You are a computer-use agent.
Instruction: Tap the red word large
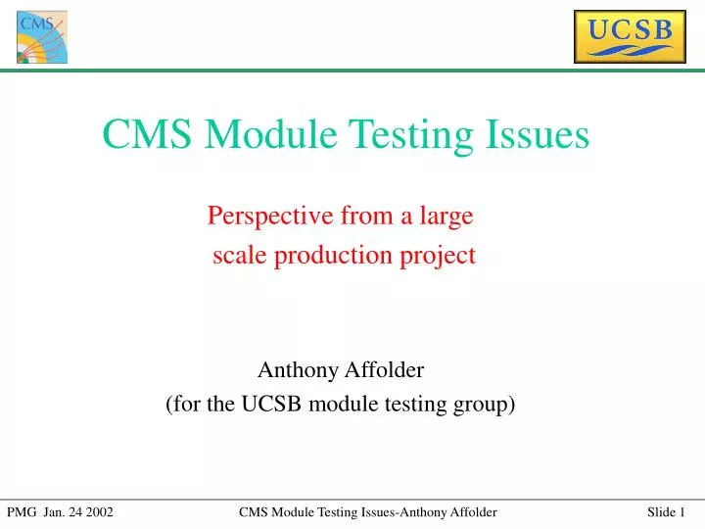coord(446,215)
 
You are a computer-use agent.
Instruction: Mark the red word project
coord(440,256)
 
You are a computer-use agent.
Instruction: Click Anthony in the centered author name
coord(294,370)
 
